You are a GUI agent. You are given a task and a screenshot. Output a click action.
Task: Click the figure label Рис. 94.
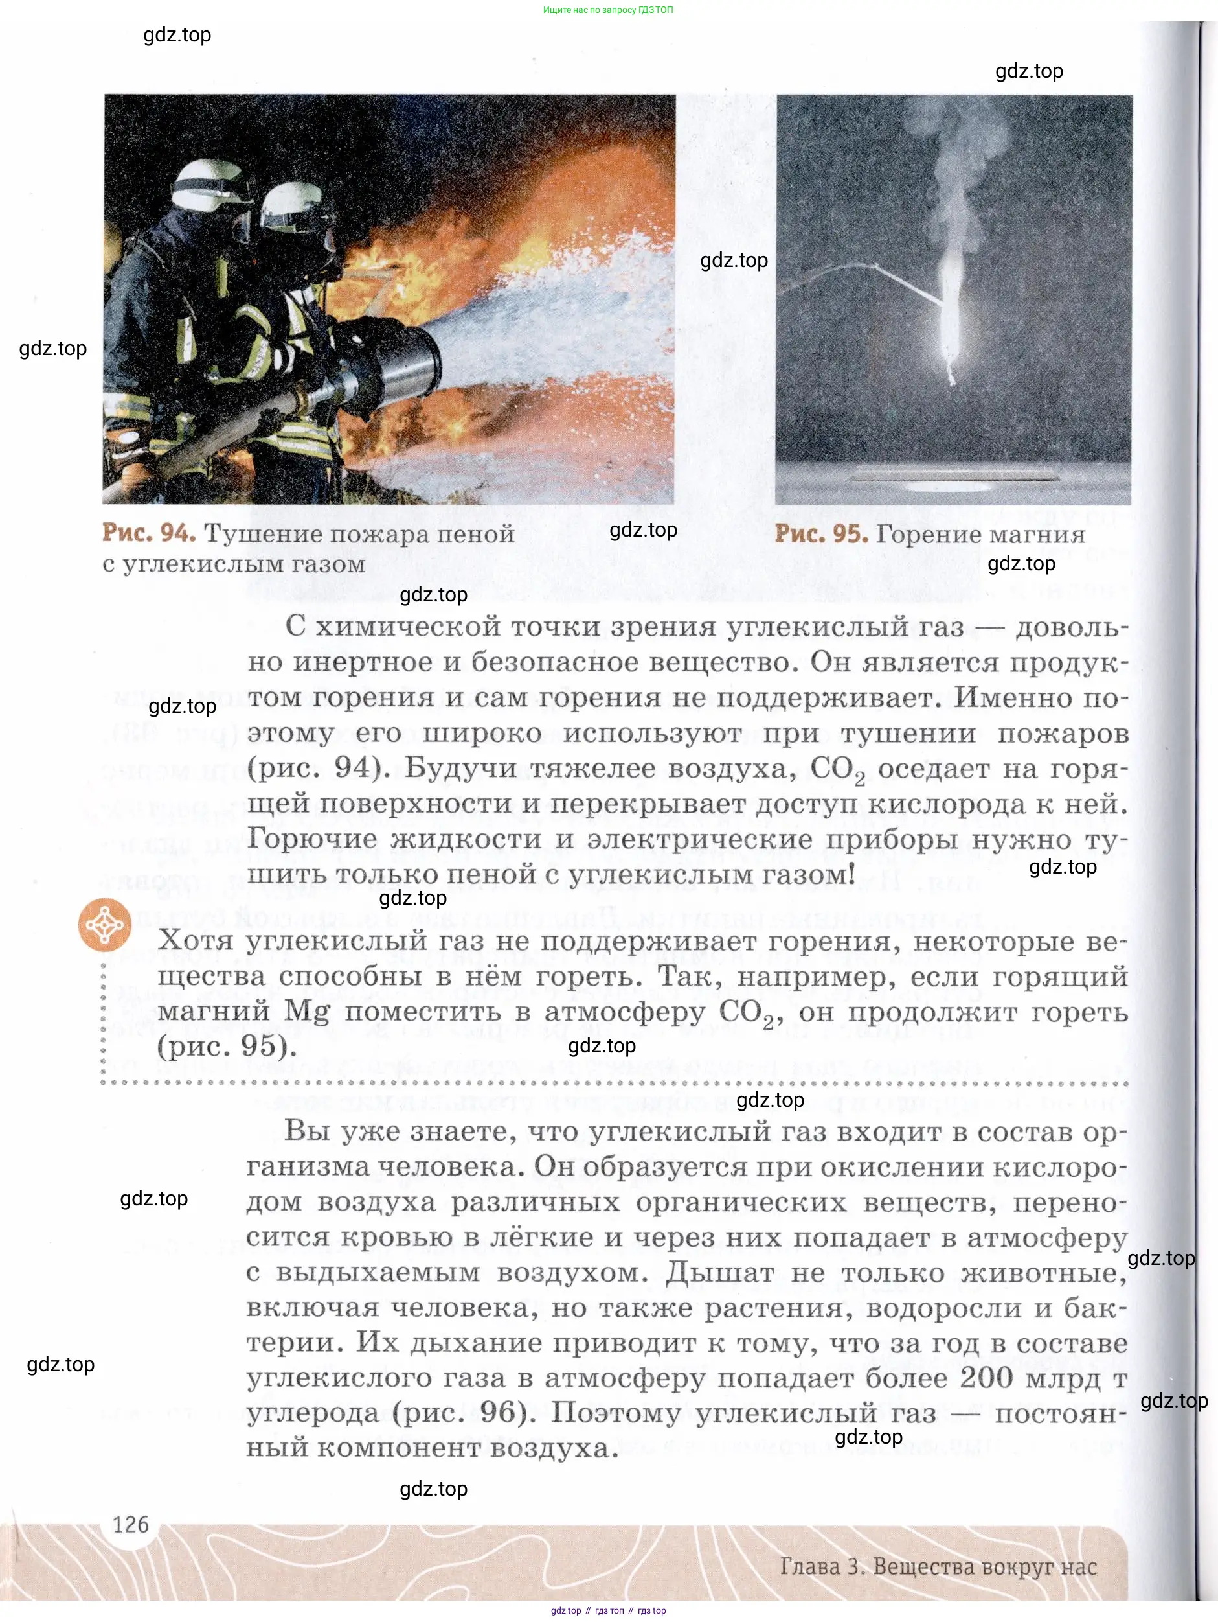pos(149,533)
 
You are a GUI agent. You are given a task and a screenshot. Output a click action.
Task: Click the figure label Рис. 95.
pos(821,534)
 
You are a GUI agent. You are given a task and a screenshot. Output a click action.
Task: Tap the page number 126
pos(130,1525)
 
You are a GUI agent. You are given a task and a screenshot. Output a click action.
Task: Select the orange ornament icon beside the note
pos(105,924)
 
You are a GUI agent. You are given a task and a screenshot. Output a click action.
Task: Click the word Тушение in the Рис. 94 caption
pos(261,534)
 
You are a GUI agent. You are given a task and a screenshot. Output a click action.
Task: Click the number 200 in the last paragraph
pos(986,1378)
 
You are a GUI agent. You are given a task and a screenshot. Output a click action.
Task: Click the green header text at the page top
pos(607,10)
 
